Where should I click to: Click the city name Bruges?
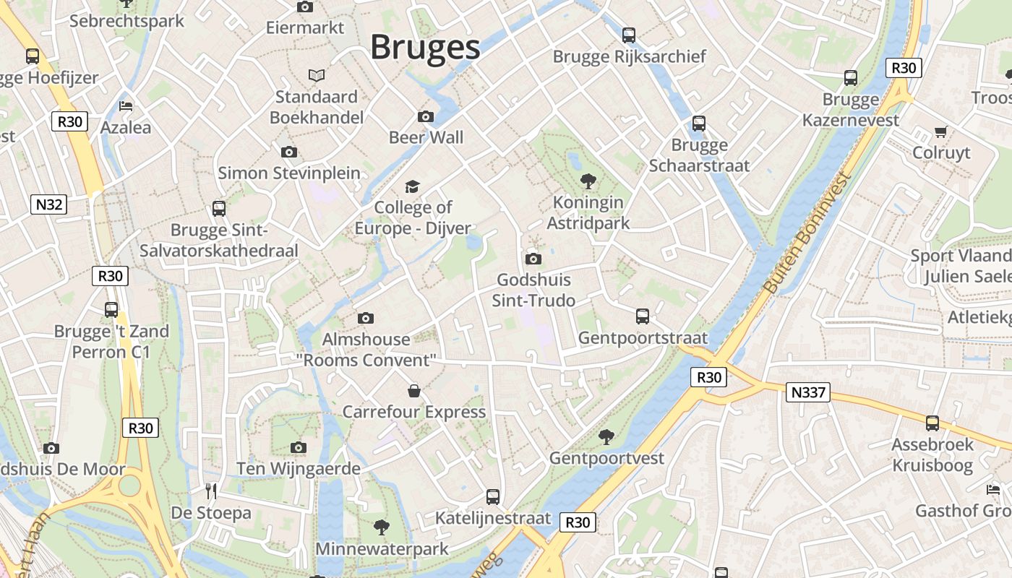coord(425,48)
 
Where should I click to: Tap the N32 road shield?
coord(49,204)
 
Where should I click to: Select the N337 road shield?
coord(807,392)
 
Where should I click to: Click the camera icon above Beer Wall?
coord(426,116)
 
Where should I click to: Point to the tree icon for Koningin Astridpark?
coord(588,181)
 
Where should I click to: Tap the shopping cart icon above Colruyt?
coord(940,131)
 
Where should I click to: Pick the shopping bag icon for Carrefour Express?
coord(414,391)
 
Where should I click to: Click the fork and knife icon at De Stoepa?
coord(211,491)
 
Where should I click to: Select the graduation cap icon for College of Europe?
coord(412,186)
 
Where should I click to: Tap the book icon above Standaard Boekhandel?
coord(317,75)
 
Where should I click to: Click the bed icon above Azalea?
coord(126,105)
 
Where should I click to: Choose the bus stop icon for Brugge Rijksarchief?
coord(629,35)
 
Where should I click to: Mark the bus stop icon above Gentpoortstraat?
coord(643,316)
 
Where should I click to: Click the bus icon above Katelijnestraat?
coord(493,496)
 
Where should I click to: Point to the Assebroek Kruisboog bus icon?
coord(932,423)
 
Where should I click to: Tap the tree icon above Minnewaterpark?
coord(382,527)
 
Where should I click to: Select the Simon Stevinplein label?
coord(289,173)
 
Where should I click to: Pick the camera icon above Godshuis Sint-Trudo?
coord(533,259)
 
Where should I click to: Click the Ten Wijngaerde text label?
coord(299,468)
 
